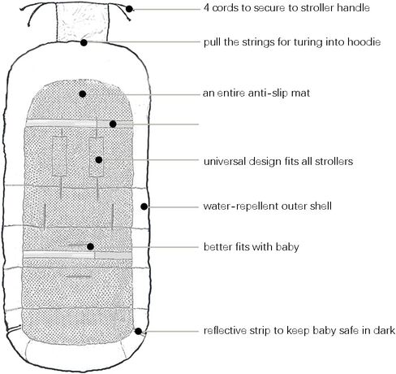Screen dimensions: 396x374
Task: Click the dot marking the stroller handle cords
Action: click(129, 9)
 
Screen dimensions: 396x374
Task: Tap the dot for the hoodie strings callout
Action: click(84, 42)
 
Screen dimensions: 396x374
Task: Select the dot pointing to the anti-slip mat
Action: click(83, 94)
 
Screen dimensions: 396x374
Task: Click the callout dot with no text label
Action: click(113, 124)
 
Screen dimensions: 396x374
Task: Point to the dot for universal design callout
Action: click(99, 160)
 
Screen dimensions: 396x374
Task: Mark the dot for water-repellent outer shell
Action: click(144, 207)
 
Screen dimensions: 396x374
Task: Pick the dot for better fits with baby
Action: click(90, 246)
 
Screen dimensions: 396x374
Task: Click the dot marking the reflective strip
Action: click(138, 331)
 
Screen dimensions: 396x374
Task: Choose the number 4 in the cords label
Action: click(206, 8)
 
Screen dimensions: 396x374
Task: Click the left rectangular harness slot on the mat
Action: click(59, 156)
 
